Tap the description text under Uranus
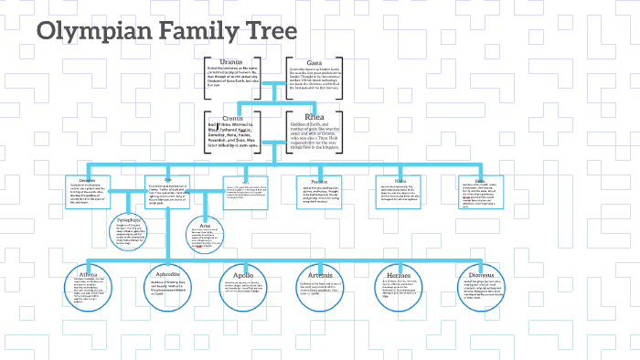point(226,81)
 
